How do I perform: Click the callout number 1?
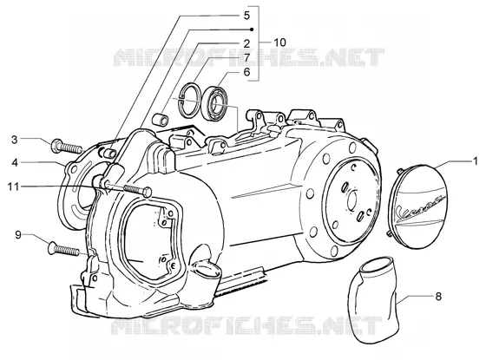click(x=476, y=161)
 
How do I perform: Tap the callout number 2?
click(x=246, y=43)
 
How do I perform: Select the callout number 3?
click(x=14, y=140)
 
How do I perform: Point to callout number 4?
click(x=15, y=162)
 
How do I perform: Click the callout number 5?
click(x=246, y=16)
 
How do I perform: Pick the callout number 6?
click(x=246, y=72)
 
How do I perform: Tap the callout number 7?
click(x=246, y=57)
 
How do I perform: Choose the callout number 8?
click(x=438, y=297)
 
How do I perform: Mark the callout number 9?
click(x=18, y=235)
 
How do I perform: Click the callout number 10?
click(x=279, y=43)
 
